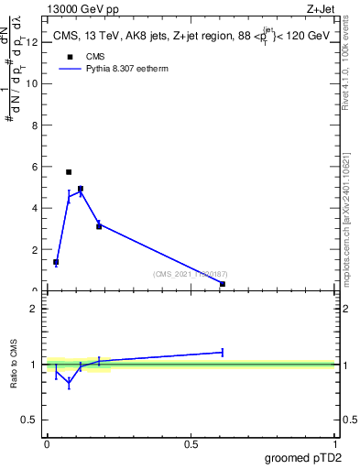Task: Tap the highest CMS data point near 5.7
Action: click(x=69, y=172)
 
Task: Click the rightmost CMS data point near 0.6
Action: click(x=223, y=284)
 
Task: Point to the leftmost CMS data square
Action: click(x=56, y=262)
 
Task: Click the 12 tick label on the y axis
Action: click(x=31, y=42)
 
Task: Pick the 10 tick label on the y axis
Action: click(x=31, y=83)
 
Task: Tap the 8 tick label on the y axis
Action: click(x=34, y=125)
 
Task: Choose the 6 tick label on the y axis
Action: click(x=34, y=167)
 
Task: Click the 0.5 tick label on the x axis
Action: click(x=191, y=444)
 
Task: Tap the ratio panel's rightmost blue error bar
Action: click(x=223, y=352)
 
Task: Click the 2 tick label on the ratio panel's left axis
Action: click(x=34, y=309)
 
